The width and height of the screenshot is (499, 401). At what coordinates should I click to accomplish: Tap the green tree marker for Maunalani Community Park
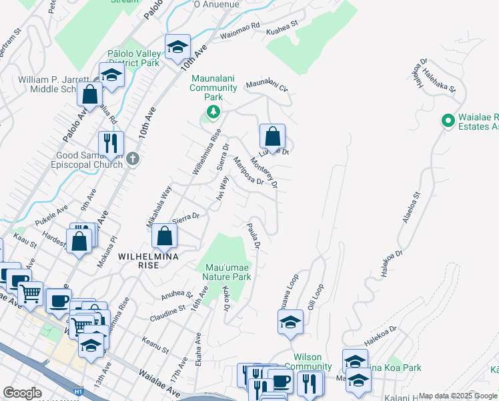coord(213,112)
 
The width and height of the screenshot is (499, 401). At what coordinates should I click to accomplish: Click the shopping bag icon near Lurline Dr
coord(272,136)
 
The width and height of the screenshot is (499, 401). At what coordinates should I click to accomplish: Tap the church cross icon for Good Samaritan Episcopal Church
coord(133,159)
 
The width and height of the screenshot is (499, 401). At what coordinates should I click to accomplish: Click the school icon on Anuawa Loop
coord(290,323)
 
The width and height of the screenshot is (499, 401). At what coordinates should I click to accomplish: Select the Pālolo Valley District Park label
coord(134,58)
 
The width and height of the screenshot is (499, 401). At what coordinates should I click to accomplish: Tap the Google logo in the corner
coord(22,393)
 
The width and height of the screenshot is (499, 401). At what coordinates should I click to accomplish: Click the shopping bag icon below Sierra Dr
coord(164,236)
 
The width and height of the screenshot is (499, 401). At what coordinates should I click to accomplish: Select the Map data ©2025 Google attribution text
coord(458,396)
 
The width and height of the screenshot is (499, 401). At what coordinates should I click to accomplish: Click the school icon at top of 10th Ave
coord(177,47)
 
